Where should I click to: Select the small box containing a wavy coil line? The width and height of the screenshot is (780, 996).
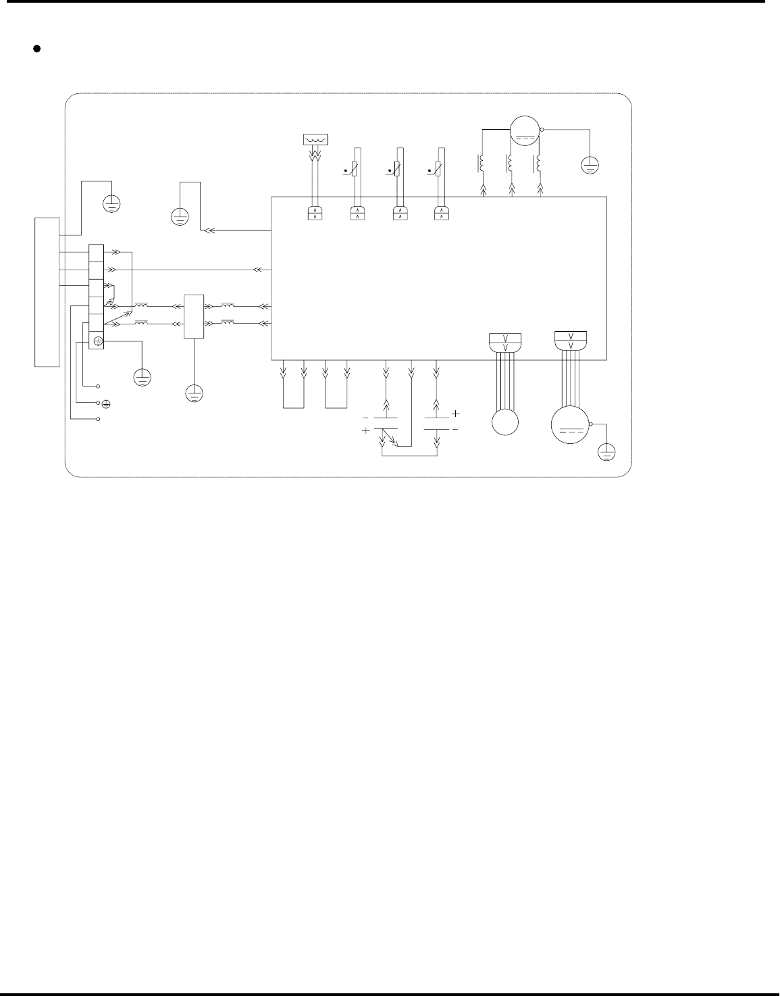[314, 140]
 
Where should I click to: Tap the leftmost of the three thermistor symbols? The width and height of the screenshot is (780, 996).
[355, 167]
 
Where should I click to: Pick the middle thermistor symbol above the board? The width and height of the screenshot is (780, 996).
[398, 167]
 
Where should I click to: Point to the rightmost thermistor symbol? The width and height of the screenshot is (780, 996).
[440, 167]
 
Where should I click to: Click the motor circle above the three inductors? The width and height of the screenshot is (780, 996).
[525, 130]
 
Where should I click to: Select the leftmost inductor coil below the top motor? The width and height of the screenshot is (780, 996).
[481, 163]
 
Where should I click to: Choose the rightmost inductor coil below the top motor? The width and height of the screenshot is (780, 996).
[538, 163]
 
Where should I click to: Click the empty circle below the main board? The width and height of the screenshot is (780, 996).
[504, 422]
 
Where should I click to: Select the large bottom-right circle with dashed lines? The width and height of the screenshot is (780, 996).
[571, 424]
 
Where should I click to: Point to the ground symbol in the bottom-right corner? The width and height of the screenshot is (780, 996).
[606, 452]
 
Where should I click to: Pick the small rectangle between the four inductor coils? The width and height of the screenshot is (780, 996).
[194, 316]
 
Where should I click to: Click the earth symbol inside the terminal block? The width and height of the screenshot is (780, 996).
[97, 342]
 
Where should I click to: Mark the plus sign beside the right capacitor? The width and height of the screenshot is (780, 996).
[455, 413]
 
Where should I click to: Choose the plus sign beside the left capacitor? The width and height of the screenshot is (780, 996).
[366, 430]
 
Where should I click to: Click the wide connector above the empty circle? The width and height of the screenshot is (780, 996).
[506, 342]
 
